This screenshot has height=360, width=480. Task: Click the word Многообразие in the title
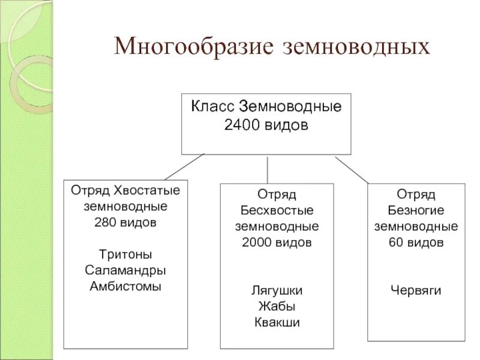click(193, 47)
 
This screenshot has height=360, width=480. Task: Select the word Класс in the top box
click(212, 108)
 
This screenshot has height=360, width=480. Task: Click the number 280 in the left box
click(104, 222)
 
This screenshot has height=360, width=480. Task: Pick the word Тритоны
click(125, 254)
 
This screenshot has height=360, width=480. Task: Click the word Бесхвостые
click(277, 211)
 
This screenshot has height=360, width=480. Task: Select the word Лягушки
click(277, 290)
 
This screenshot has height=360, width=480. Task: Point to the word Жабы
click(277, 306)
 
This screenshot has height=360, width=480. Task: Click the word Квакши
click(277, 322)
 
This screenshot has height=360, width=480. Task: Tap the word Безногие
click(416, 211)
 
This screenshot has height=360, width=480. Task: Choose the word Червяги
click(416, 290)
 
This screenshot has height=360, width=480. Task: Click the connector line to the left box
click(184, 167)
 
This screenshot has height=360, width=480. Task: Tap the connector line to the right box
click(352, 170)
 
